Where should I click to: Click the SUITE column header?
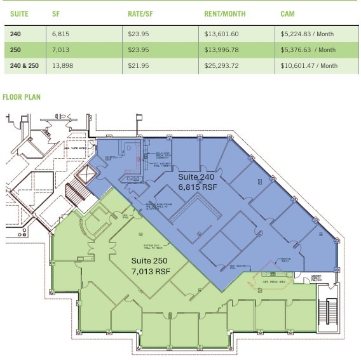click(20, 13)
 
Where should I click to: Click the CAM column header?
click(287, 13)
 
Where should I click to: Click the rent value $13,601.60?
click(222, 34)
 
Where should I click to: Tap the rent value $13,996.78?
click(222, 50)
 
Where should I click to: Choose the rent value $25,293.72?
click(222, 65)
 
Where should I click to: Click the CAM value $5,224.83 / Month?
click(308, 34)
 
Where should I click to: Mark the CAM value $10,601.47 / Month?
click(309, 65)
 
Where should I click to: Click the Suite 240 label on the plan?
click(196, 177)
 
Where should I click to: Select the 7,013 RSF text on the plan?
click(151, 271)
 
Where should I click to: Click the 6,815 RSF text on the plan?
click(197, 187)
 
